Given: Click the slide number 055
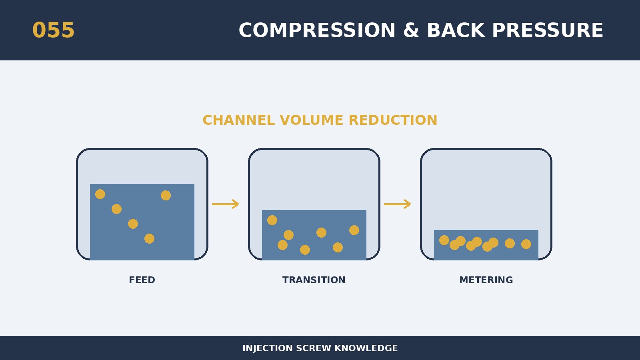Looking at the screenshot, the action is pyautogui.click(x=54, y=30).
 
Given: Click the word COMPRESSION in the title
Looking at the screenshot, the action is pyautogui.click(x=317, y=30).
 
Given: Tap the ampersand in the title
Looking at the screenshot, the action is pyautogui.click(x=411, y=30).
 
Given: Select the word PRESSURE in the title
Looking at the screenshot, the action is pyautogui.click(x=548, y=30).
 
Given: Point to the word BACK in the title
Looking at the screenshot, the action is pyautogui.click(x=456, y=30).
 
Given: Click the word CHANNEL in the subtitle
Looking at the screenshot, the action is pyautogui.click(x=238, y=120).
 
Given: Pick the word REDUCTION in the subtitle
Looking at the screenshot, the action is pyautogui.click(x=393, y=120).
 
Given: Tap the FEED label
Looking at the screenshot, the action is pyautogui.click(x=142, y=280).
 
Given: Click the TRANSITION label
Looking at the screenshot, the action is pyautogui.click(x=314, y=280).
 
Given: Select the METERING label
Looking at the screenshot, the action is pyautogui.click(x=486, y=280).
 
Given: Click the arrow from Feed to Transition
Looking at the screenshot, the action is pyautogui.click(x=226, y=204).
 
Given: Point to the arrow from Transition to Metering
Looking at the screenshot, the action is pyautogui.click(x=398, y=204).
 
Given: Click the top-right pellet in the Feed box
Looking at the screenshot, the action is pyautogui.click(x=166, y=196).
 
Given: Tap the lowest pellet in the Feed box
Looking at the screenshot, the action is pyautogui.click(x=150, y=238).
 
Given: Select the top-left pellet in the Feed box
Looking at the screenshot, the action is pyautogui.click(x=100, y=194).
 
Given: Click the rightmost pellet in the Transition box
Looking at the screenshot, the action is pyautogui.click(x=354, y=230).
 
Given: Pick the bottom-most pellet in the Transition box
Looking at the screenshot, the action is pyautogui.click(x=305, y=250).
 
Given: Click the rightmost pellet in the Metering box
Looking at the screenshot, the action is pyautogui.click(x=526, y=244).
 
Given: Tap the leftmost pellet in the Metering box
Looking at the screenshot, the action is pyautogui.click(x=444, y=240).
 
